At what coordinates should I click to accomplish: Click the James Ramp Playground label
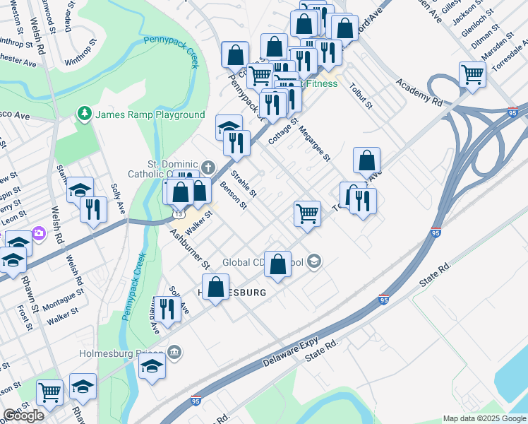point(150,115)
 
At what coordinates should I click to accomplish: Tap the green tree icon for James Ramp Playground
point(85,114)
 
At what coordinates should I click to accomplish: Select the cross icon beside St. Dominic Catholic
point(208,167)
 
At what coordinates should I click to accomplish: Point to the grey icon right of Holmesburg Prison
point(175,351)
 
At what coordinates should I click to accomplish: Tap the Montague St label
point(64,302)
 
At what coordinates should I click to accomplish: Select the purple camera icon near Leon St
point(38,232)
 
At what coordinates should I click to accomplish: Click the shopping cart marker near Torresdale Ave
point(307,213)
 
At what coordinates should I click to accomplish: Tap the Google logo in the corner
point(23,416)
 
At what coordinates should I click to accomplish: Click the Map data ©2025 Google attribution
point(484,418)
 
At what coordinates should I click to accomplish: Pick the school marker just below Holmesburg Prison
point(152,367)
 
